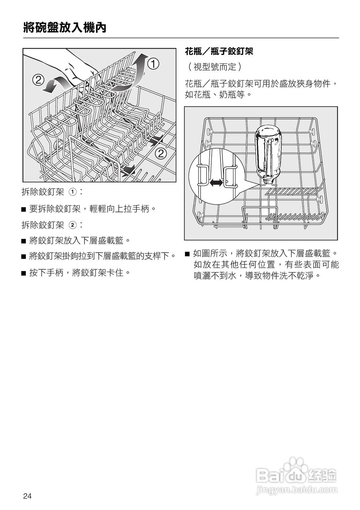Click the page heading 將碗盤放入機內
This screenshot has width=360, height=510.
click(x=65, y=27)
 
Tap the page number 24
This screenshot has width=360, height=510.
click(x=27, y=496)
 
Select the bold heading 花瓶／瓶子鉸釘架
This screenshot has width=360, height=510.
click(x=219, y=51)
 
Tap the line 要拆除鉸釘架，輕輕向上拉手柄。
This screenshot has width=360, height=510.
click(x=92, y=208)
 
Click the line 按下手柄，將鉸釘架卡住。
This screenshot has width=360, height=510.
click(x=80, y=273)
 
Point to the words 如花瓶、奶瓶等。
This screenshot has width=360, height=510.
click(x=218, y=95)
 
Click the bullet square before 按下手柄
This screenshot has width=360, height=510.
click(x=24, y=273)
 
